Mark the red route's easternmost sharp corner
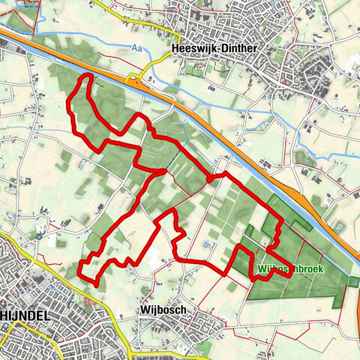[x=290, y=275]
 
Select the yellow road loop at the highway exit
[x=135, y=77]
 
